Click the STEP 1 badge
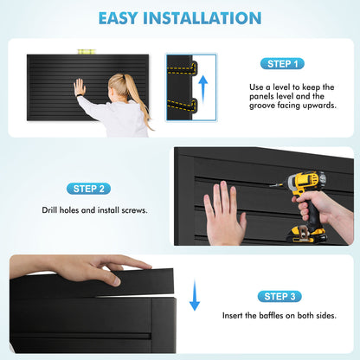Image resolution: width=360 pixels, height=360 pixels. pyautogui.click(x=282, y=64)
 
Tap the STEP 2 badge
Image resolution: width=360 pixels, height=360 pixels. pyautogui.click(x=88, y=189)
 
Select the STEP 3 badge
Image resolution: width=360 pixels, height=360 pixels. pyautogui.click(x=280, y=296)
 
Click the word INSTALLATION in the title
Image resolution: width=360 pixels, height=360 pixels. pyautogui.click(x=202, y=18)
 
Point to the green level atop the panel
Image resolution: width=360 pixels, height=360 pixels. pyautogui.click(x=87, y=52)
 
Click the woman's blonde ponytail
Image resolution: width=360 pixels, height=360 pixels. pyautogui.click(x=135, y=95)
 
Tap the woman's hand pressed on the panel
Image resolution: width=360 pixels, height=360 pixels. pyautogui.click(x=80, y=87)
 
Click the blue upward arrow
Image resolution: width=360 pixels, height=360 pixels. pyautogui.click(x=203, y=89)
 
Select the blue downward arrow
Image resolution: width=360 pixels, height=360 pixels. pyautogui.click(x=195, y=295)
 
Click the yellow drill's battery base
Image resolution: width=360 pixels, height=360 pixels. pyautogui.click(x=307, y=235)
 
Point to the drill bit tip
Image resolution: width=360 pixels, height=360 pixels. pyautogui.click(x=271, y=186)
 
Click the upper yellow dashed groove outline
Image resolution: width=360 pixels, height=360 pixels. pyautogui.click(x=183, y=69)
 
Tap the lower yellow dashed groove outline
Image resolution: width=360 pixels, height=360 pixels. pyautogui.click(x=183, y=106)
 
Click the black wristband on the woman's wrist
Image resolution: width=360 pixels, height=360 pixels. pyautogui.click(x=79, y=95)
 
